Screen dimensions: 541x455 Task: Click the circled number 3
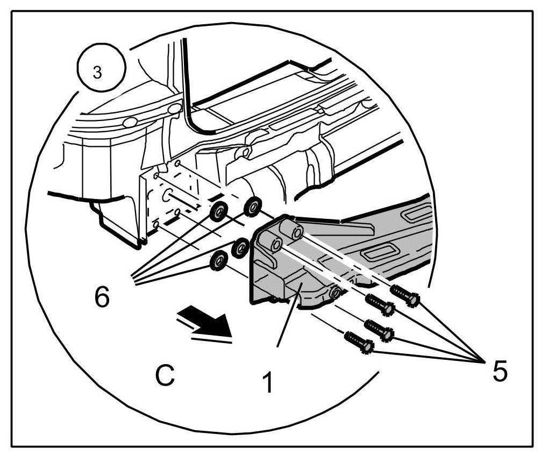pyautogui.click(x=97, y=72)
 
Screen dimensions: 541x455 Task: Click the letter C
pyautogui.click(x=165, y=375)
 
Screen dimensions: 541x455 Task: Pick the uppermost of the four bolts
pyautogui.click(x=404, y=295)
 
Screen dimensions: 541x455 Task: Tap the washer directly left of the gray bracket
pyautogui.click(x=239, y=247)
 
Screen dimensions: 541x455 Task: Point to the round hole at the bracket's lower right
pyautogui.click(x=335, y=292)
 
